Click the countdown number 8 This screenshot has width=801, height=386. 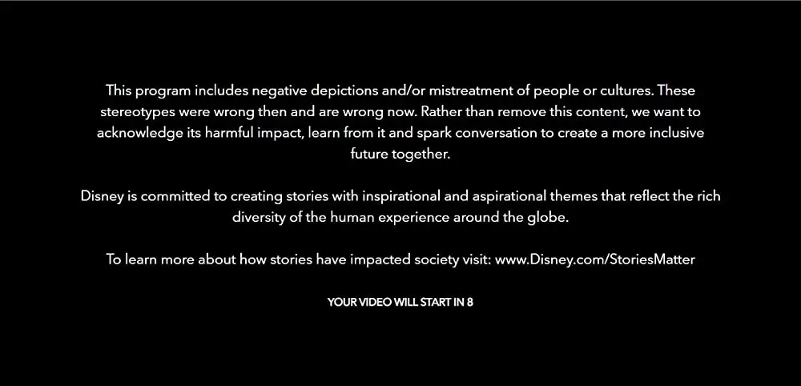(470, 302)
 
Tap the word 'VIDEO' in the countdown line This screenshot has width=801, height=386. (375, 302)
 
